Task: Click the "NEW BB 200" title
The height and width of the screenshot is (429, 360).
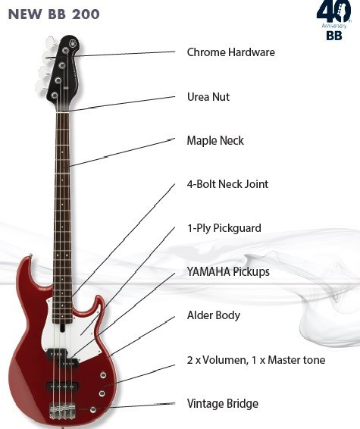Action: click(54, 14)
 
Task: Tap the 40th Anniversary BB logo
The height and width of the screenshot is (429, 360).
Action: click(334, 20)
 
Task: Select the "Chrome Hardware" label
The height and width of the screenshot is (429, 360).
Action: click(231, 52)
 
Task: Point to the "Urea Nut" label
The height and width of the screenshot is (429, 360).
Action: click(208, 97)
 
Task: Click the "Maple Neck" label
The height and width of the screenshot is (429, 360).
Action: click(215, 141)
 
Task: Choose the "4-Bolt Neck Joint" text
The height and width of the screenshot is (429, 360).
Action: click(227, 184)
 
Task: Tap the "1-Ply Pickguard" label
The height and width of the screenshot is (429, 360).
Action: click(224, 228)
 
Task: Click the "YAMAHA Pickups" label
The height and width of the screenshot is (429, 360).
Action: click(228, 271)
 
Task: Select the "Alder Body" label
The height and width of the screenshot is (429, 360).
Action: click(214, 315)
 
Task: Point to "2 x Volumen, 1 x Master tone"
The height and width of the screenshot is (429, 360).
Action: click(256, 360)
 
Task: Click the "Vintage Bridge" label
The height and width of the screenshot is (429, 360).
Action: click(223, 403)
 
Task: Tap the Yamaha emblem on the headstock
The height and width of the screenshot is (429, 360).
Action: click(73, 43)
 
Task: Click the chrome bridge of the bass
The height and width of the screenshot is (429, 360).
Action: click(62, 411)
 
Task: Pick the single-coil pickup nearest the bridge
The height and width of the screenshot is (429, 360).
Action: click(63, 386)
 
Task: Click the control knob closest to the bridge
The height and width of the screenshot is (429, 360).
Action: click(93, 409)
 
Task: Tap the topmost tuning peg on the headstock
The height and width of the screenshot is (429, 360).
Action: click(51, 42)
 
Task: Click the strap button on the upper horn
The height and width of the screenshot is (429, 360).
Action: click(30, 256)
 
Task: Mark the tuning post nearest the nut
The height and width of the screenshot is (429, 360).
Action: click(55, 96)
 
